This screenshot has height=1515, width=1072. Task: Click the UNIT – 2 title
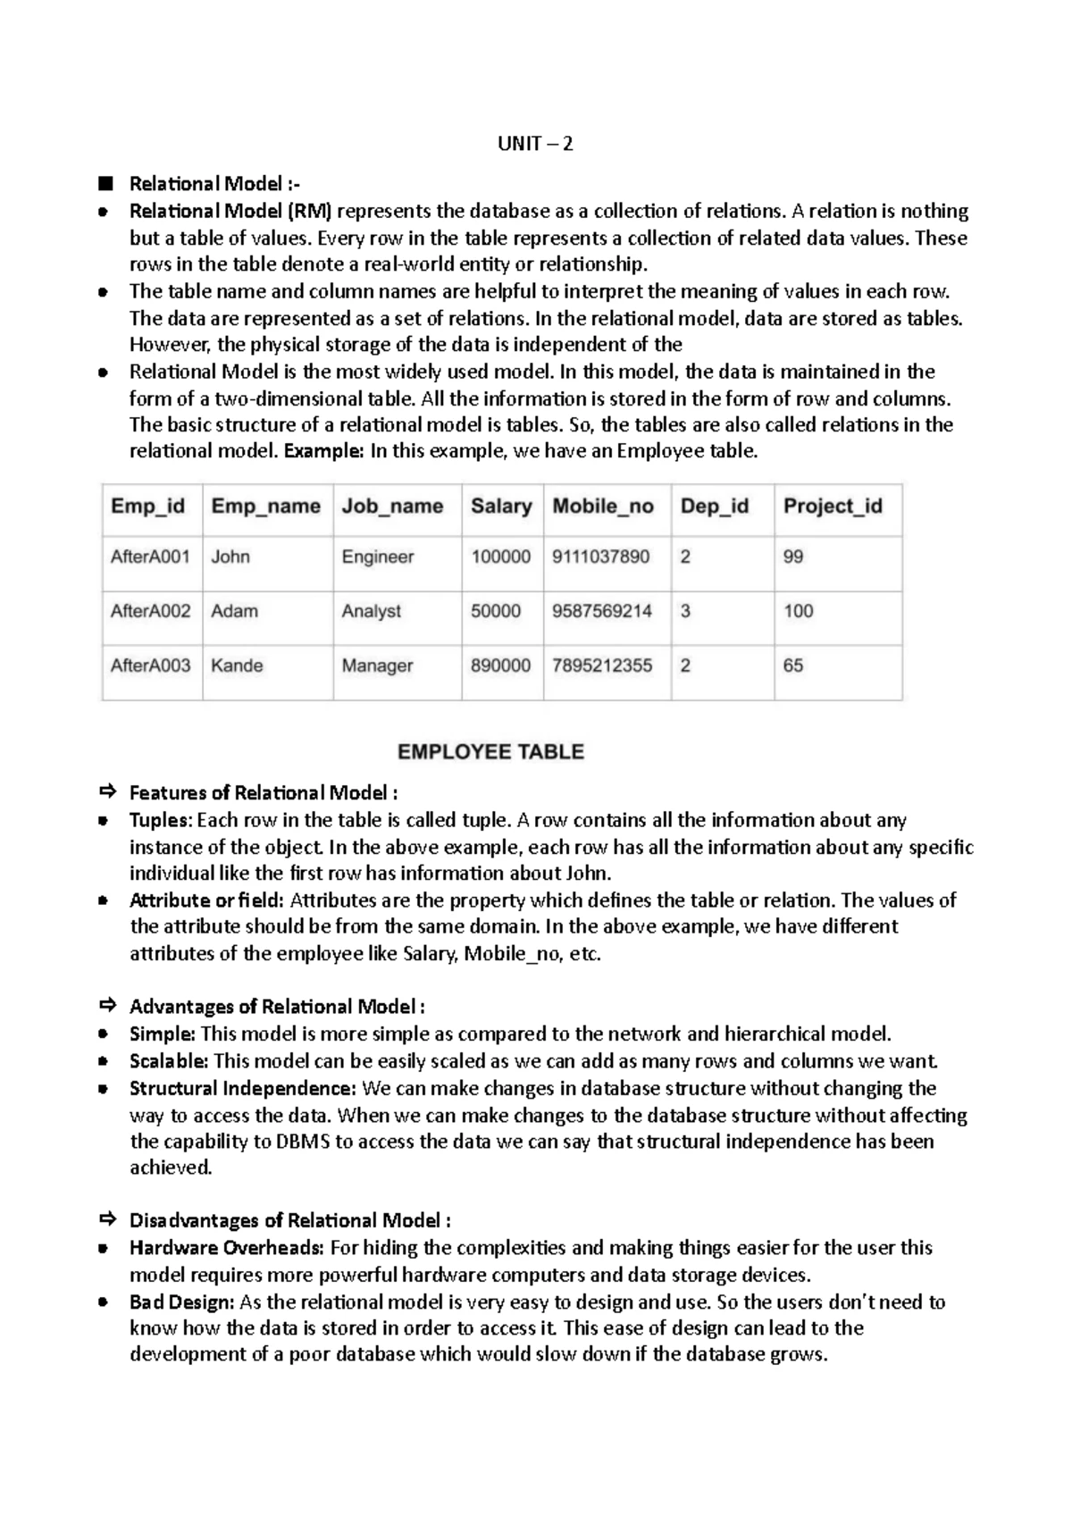535,144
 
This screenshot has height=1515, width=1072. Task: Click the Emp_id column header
147,506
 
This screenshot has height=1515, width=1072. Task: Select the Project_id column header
833,506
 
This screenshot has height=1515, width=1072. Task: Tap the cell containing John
230,557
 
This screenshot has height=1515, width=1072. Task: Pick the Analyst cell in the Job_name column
371,612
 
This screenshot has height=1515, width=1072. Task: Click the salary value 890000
500,666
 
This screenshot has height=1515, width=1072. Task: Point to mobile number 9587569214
602,612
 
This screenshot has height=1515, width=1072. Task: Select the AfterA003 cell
150,666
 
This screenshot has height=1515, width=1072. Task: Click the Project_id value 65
793,666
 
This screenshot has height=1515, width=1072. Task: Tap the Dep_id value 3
685,612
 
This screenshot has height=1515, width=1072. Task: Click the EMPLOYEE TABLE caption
490,752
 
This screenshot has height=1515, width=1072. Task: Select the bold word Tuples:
161,821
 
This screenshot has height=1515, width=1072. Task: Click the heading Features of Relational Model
263,793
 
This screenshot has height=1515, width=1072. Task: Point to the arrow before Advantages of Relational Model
108,1006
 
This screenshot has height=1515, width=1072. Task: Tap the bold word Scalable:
169,1062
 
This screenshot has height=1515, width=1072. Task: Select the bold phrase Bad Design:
182,1302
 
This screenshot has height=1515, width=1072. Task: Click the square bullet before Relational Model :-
107,184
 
